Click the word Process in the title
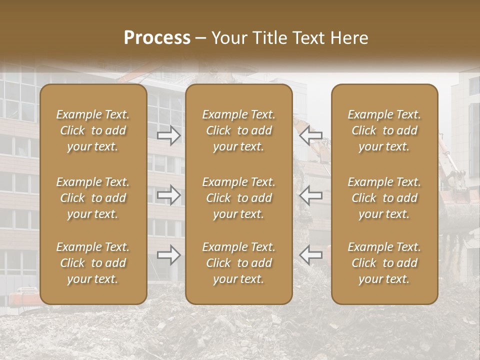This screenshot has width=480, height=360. coord(157,38)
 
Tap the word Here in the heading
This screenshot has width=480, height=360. coord(348,38)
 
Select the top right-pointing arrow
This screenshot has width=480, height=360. coord(169,135)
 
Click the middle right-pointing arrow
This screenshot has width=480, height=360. coord(169,195)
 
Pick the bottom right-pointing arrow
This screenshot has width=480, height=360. coord(169,255)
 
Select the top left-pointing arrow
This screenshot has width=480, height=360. coord(310,135)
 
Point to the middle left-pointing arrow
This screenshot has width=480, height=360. coord(310,195)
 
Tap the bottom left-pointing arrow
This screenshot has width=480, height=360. coord(310,255)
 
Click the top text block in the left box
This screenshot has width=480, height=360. coord(93,130)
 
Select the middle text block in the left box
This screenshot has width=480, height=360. coord(93,198)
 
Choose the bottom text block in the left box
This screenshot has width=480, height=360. coord(93,263)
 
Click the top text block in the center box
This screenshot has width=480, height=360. coord(239,130)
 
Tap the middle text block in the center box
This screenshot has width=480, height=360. coord(239,198)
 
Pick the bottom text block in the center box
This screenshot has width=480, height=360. coord(239,263)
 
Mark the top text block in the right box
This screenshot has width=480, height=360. coord(384,130)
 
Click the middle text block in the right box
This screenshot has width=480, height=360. coord(384,198)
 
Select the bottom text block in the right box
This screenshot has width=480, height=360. coord(384,263)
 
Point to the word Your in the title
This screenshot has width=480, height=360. coord(228,38)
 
